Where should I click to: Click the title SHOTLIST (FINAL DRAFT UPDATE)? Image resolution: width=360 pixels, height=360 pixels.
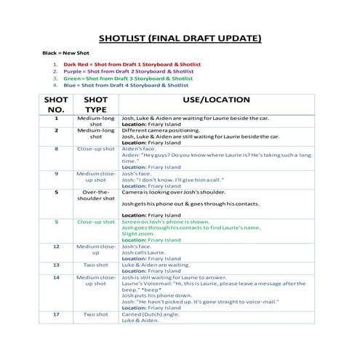[x=180, y=39]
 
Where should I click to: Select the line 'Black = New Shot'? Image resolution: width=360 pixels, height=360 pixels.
[x=65, y=53]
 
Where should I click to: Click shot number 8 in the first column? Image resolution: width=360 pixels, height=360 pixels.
[x=56, y=148]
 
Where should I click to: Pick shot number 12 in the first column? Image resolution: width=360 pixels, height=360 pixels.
[x=56, y=247]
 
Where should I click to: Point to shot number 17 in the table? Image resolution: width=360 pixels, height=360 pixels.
[x=56, y=314]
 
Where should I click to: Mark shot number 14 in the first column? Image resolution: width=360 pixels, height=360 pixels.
[x=56, y=277]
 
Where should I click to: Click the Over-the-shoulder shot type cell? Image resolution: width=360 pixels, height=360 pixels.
[x=96, y=195]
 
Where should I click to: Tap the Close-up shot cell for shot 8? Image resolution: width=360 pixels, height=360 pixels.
[x=96, y=148]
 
